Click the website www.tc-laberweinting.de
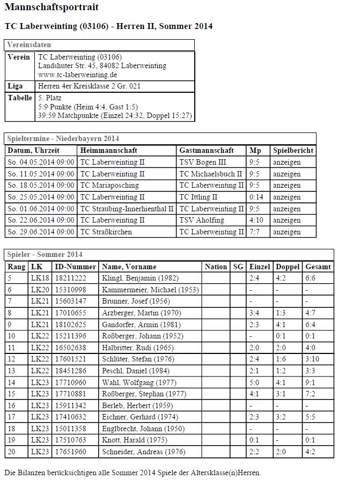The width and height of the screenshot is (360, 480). [78, 75]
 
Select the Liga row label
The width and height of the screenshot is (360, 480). [16, 86]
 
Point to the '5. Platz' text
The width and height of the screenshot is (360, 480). [50, 98]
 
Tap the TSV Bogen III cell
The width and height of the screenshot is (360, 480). [200, 162]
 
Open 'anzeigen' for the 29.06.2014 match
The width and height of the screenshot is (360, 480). [286, 232]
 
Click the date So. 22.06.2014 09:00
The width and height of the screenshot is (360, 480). [41, 220]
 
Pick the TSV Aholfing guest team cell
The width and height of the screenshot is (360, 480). [201, 220]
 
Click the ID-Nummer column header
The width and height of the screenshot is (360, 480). [75, 267]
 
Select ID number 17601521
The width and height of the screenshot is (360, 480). [71, 359]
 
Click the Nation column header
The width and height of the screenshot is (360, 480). [216, 267]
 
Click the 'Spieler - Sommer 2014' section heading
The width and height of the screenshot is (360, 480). [45, 254]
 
